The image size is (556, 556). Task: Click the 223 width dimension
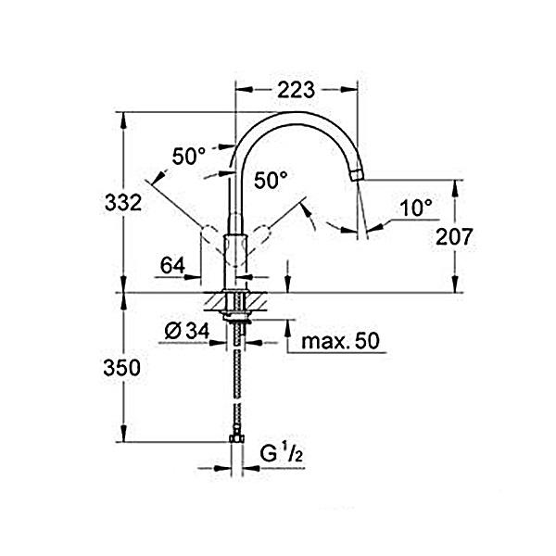(297, 90)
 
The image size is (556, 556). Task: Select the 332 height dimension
(123, 203)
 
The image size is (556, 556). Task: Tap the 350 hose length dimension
(121, 368)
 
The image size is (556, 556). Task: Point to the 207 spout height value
(454, 236)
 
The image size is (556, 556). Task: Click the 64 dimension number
(172, 265)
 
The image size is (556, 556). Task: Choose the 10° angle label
(416, 208)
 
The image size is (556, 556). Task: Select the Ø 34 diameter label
(187, 332)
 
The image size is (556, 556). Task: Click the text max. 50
(340, 341)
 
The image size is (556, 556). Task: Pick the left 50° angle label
(189, 156)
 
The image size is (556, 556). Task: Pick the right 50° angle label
(271, 180)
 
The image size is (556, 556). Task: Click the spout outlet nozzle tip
(357, 175)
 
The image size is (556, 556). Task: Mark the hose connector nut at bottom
(236, 438)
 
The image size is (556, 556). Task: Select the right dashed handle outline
(259, 239)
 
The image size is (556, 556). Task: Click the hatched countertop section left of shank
(215, 302)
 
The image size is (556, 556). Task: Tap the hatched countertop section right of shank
(256, 302)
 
